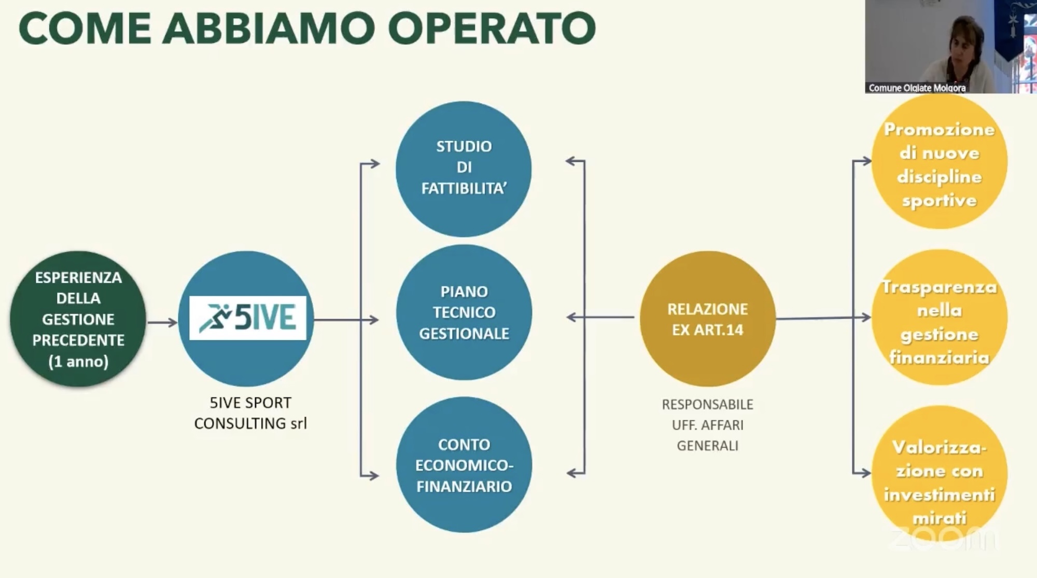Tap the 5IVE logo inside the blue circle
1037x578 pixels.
pyautogui.click(x=247, y=318)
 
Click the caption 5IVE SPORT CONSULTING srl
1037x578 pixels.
pyautogui.click(x=250, y=413)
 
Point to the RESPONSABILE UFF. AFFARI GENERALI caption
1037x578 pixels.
pyautogui.click(x=707, y=425)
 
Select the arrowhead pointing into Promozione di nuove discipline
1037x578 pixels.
pyautogui.click(x=867, y=161)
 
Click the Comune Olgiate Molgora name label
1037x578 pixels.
pyautogui.click(x=917, y=88)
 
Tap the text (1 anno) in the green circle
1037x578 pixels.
pyautogui.click(x=78, y=361)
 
